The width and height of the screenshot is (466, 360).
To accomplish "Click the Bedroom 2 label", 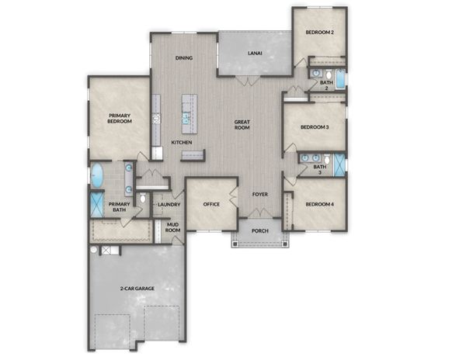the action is point(319,32).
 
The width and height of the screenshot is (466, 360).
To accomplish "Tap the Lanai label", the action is point(255,54).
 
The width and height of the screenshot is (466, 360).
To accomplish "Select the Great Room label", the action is point(242,125).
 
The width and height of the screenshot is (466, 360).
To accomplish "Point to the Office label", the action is point(211,204).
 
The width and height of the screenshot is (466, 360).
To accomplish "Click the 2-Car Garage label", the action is point(137,288).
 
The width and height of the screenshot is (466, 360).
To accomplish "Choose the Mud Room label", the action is point(172,227).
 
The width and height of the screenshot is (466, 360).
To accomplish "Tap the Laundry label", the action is point(169,205).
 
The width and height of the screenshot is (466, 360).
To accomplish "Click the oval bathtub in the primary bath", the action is point(97,175).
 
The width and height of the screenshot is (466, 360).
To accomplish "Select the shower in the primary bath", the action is point(96,205).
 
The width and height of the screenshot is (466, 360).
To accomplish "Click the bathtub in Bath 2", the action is point(340,79).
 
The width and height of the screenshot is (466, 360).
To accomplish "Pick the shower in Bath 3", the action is point(339,165).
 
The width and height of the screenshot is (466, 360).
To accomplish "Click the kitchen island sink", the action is point(186,118).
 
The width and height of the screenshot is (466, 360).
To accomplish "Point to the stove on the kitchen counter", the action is point(157,119).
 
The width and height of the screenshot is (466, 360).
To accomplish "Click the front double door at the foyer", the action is point(259,213).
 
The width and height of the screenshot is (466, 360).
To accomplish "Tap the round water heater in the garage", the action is point(94,250).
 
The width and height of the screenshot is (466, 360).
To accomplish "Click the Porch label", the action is point(260,230).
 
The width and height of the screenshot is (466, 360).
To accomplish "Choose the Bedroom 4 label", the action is point(320,204).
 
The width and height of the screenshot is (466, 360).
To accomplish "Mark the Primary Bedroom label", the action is point(120,119).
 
